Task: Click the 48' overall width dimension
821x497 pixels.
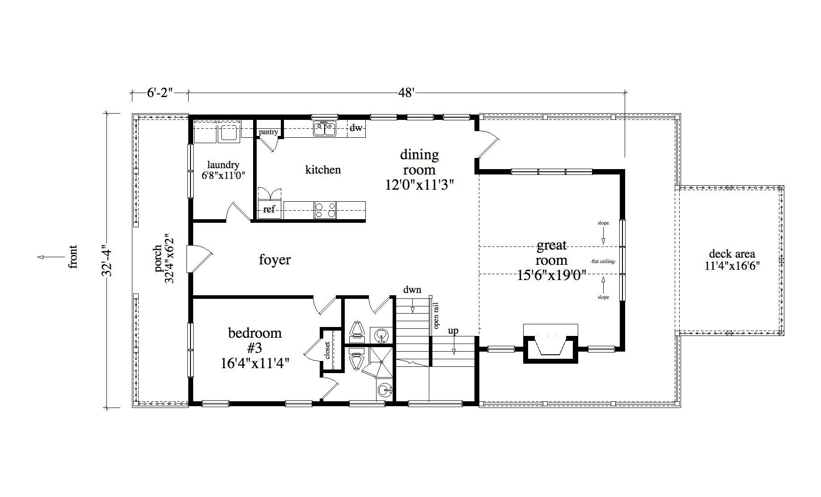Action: click(x=406, y=93)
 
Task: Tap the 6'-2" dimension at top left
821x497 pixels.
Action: click(x=160, y=93)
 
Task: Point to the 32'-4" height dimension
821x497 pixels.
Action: click(x=106, y=260)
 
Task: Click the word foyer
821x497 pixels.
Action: click(x=275, y=259)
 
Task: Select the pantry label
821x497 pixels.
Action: click(x=268, y=132)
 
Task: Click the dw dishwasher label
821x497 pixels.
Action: click(x=356, y=128)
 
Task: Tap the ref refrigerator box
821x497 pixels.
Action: click(x=269, y=209)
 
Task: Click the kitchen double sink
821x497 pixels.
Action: click(x=325, y=129)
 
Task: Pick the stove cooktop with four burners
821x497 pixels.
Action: click(x=325, y=210)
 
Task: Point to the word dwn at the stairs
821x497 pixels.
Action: click(x=412, y=289)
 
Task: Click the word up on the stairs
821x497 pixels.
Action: click(x=453, y=331)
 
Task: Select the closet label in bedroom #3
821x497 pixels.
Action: click(x=328, y=350)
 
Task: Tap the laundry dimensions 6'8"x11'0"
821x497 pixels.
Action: click(x=223, y=175)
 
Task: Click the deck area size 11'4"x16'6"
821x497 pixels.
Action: click(x=732, y=266)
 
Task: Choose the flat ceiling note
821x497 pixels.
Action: click(x=603, y=261)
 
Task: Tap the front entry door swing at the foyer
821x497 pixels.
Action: click(x=200, y=259)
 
